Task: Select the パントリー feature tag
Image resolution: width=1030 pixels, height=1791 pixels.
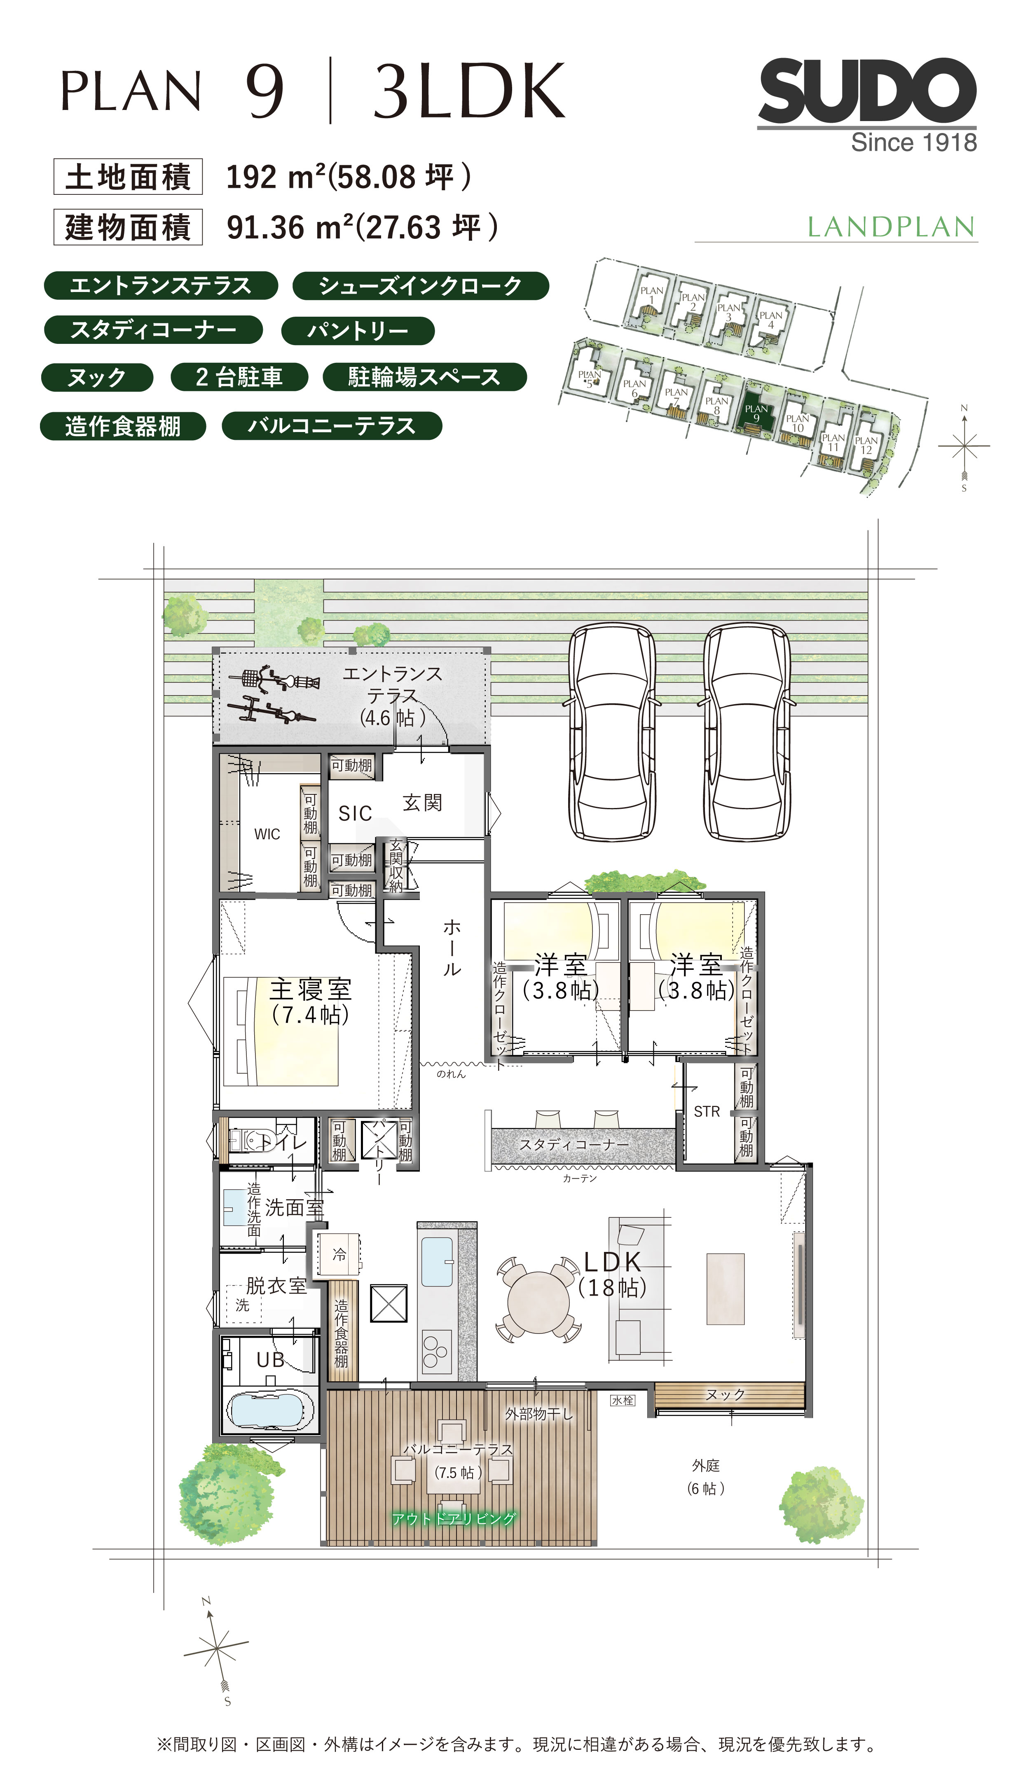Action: [358, 330]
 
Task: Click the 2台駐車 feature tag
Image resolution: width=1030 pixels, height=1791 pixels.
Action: [239, 377]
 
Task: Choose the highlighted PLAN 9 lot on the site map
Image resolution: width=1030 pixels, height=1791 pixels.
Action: [756, 413]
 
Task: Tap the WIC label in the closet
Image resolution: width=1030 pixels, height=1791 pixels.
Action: [267, 834]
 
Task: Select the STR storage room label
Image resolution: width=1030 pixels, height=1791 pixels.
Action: [707, 1111]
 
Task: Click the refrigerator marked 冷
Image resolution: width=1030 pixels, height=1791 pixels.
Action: [339, 1255]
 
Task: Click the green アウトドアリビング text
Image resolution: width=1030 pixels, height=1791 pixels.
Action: [454, 1519]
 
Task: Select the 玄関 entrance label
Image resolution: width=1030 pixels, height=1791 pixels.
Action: [422, 803]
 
